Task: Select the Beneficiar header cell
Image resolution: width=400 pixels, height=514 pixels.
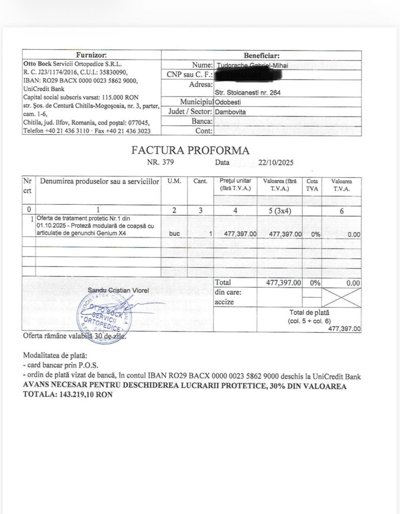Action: tap(261, 55)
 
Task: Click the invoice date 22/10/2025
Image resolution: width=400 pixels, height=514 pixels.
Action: tap(276, 162)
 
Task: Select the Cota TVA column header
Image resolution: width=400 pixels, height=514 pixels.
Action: tap(312, 184)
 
